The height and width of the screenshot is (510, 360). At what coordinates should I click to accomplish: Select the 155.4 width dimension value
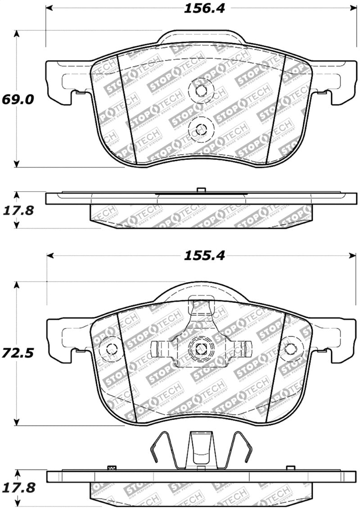coord(203,256)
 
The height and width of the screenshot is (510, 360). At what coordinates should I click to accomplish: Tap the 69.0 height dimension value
coord(18,99)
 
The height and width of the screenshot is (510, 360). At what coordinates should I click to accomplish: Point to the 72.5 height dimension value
coord(18,353)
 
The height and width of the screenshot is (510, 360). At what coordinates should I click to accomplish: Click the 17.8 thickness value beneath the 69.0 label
coord(18,211)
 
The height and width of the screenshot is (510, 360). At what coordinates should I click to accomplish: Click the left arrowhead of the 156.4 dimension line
coord(50,8)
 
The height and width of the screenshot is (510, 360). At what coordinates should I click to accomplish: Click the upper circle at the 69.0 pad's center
coord(200,90)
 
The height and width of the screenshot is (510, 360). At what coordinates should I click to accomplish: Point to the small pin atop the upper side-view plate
coord(201,190)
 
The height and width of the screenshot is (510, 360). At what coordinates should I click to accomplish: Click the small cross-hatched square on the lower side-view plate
coord(110,468)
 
